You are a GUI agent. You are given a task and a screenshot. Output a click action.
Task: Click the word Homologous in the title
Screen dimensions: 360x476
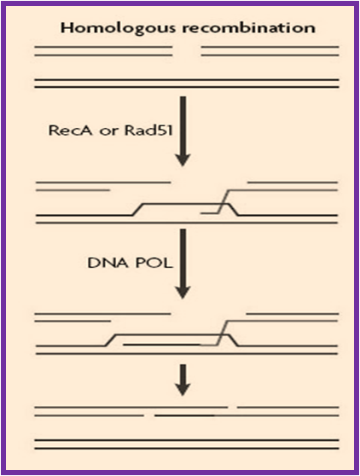click(118, 29)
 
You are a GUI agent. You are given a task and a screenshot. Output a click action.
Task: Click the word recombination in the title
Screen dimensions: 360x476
click(248, 28)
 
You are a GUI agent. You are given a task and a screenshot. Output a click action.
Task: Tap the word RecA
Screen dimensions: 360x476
click(71, 131)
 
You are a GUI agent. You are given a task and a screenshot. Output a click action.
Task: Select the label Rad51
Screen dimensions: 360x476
click(148, 131)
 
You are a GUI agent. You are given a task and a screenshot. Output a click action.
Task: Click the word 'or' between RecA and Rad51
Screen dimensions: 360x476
click(108, 132)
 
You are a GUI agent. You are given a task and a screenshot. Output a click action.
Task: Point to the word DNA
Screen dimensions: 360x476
click(107, 263)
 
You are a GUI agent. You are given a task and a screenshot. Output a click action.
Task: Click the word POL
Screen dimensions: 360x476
click(154, 263)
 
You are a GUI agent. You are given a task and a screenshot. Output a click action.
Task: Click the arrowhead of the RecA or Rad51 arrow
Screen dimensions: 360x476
click(183, 160)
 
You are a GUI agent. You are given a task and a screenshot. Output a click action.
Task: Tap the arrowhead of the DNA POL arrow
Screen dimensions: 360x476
click(183, 293)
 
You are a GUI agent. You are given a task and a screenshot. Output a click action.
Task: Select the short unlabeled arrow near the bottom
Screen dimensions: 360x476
click(183, 380)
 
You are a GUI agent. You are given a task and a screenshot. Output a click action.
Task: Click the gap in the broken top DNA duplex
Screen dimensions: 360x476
click(187, 51)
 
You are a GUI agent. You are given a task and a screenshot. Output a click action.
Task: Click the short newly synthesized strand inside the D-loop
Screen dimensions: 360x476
click(162, 345)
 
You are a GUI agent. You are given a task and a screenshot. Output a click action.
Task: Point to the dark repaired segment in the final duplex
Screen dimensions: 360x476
click(184, 415)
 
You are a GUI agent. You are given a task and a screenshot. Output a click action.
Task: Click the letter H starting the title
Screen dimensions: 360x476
click(67, 28)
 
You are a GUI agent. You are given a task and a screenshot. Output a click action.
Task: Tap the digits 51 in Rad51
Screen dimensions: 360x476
click(165, 131)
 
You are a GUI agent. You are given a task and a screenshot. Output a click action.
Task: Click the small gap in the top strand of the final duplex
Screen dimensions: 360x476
click(232, 407)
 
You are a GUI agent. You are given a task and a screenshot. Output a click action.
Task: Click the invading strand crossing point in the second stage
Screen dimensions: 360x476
click(224, 204)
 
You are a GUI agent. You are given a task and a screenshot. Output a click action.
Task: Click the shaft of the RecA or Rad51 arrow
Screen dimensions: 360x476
click(183, 125)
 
